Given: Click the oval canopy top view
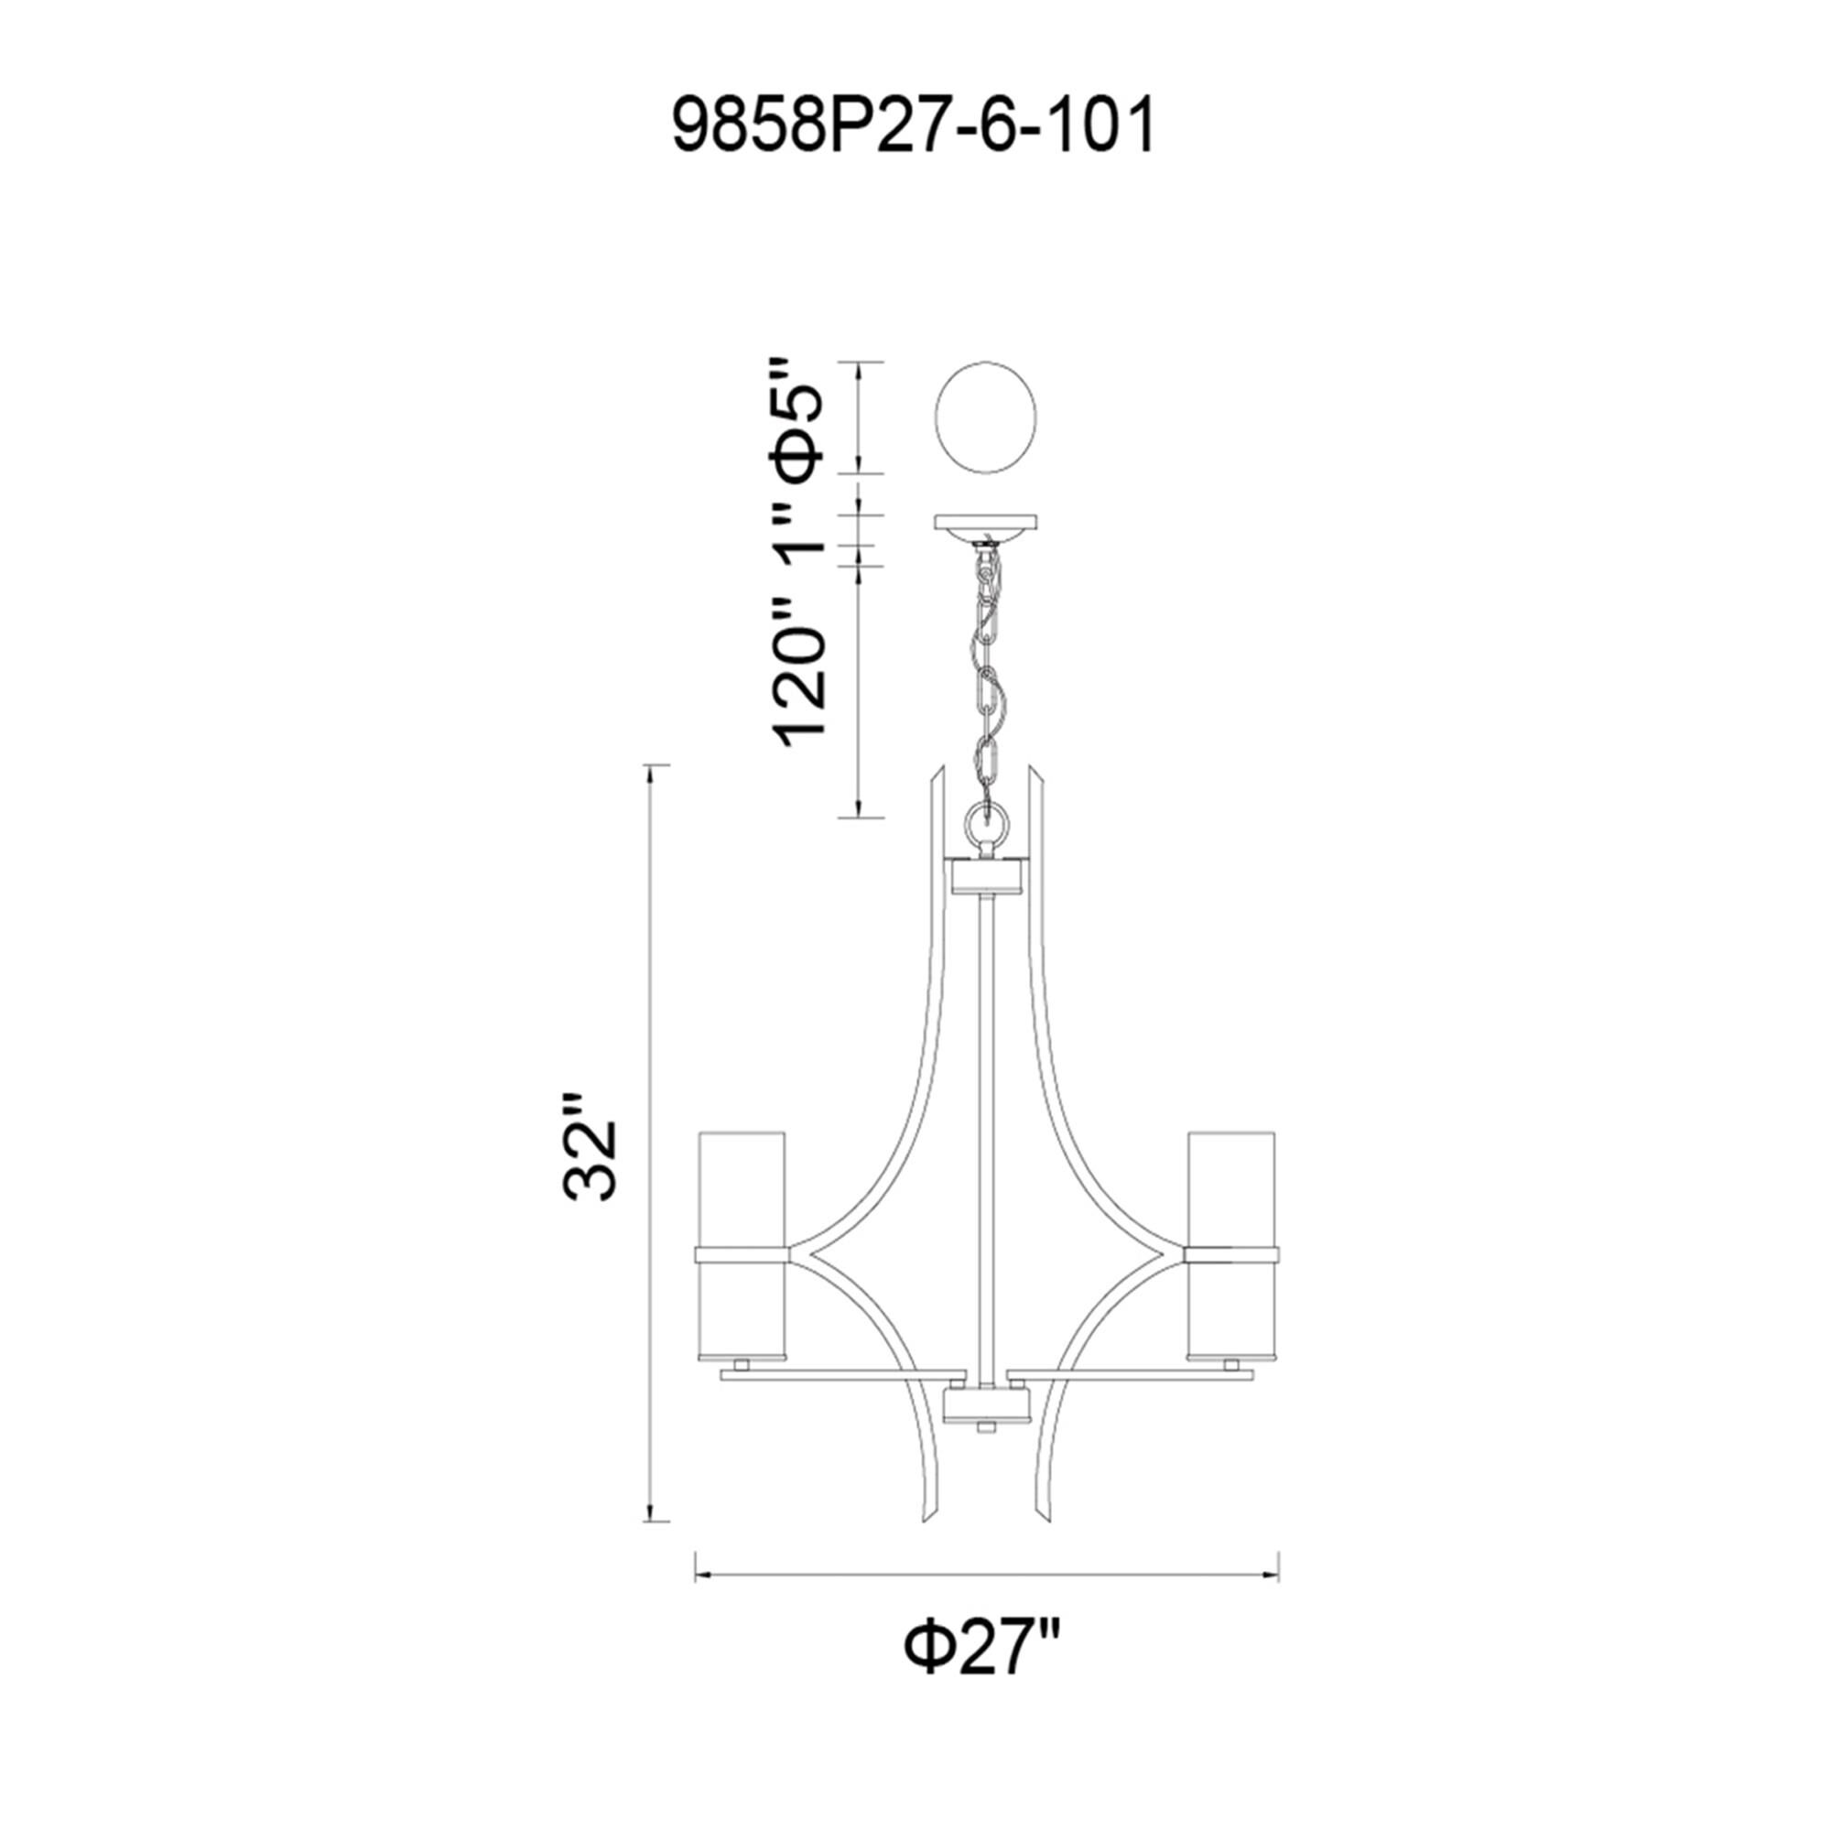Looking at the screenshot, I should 986,418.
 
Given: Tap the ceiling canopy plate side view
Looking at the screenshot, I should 986,523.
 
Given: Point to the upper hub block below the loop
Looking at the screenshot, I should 986,877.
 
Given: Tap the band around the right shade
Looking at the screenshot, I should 1232,1256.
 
